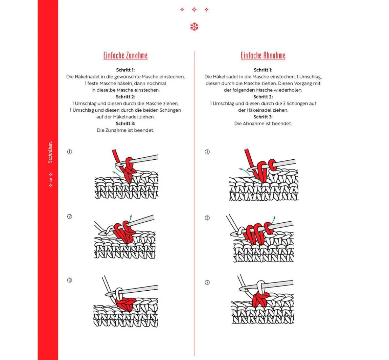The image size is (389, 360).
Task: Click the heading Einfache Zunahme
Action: [125, 56]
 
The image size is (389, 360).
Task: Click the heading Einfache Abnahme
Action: [263, 56]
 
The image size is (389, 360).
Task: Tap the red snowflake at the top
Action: [194, 27]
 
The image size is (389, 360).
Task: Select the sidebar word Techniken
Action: [50, 152]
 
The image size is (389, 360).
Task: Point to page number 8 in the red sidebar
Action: [51, 180]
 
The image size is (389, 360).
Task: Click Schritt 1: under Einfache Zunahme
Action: [125, 70]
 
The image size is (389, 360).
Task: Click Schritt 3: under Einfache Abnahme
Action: [263, 117]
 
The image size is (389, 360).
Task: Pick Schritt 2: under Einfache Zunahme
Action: [125, 97]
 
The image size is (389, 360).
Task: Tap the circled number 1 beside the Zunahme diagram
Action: [69, 152]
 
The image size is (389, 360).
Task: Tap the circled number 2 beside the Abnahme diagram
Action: [207, 218]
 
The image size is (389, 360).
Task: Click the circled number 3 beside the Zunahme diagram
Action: [69, 280]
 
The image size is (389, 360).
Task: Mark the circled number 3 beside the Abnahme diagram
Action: [207, 283]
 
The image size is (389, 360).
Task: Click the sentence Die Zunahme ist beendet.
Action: [125, 130]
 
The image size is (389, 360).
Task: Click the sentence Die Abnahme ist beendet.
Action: [263, 124]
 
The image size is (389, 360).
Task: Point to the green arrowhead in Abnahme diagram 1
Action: [240, 169]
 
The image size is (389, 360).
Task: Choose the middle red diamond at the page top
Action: [194, 9]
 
